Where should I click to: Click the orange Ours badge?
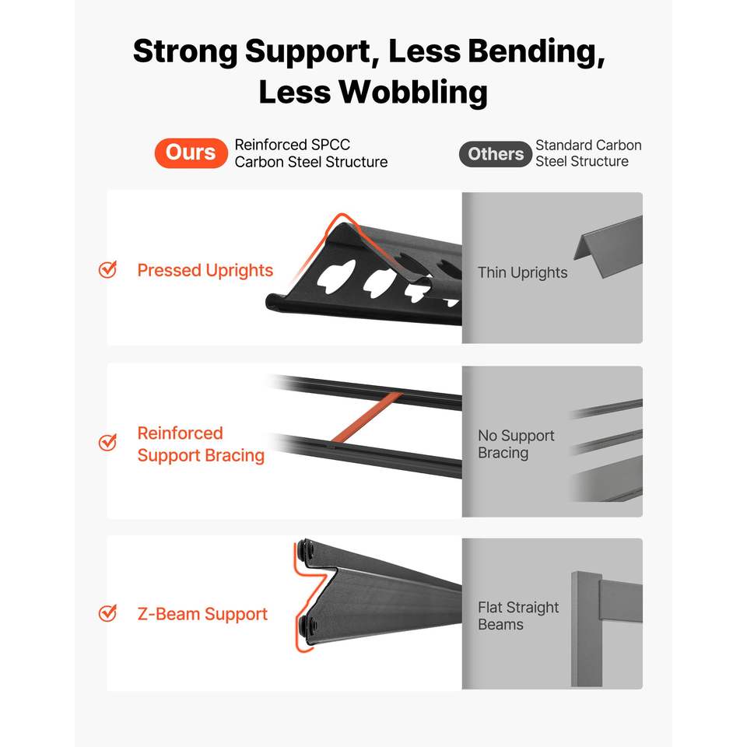pos(191,153)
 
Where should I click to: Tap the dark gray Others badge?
pos(496,154)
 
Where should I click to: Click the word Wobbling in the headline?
pos(413,92)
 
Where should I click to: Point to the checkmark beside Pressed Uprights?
pos(107,269)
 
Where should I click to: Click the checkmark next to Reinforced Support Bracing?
pos(107,442)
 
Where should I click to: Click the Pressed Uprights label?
pos(205,270)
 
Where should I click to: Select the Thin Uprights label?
pos(523,272)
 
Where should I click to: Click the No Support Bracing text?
pos(516,444)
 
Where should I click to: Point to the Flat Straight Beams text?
pos(518,615)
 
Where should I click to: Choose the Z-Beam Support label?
pos(202,614)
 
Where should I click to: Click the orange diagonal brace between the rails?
pos(366,417)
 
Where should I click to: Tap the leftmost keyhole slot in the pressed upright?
pos(336,275)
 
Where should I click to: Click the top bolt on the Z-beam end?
pos(306,552)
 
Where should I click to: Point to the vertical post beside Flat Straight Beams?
pos(587,629)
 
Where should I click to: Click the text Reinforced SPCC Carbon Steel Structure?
pos(311,153)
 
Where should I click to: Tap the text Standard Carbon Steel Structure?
pos(588,153)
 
